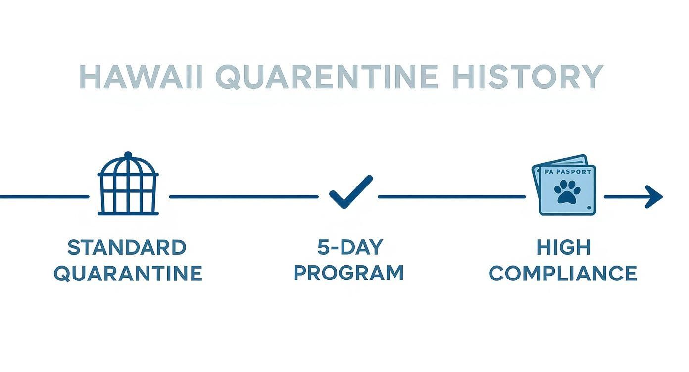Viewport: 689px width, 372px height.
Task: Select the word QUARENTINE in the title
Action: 327,77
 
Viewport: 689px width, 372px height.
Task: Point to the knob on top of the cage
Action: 128,155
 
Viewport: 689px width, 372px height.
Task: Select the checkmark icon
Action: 350,192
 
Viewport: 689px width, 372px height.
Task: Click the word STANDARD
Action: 127,248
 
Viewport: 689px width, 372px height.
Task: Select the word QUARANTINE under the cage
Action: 128,273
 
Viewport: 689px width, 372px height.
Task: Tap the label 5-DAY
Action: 350,248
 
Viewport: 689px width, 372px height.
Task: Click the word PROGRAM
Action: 348,273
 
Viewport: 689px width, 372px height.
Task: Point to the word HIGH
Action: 563,248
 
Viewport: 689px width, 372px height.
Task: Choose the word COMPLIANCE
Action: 563,273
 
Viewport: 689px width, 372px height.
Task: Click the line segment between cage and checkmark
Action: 244,196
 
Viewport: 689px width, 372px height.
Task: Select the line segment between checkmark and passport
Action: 451,196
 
